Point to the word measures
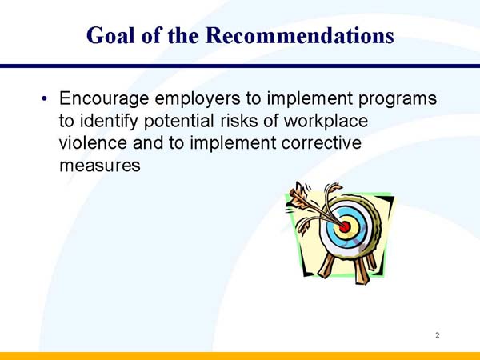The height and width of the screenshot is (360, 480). [x=100, y=166]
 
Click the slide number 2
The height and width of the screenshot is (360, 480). [x=438, y=335]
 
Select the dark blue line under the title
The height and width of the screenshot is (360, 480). [x=240, y=66]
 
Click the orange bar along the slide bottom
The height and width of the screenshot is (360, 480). [x=240, y=355]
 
